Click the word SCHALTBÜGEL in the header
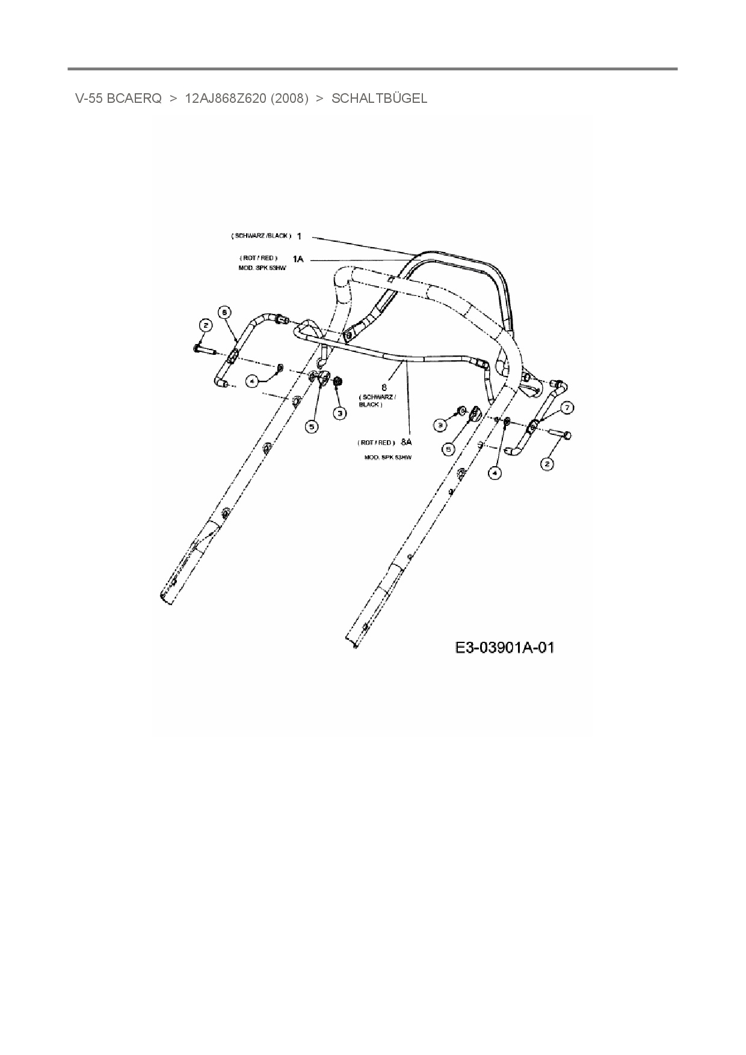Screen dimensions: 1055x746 pyautogui.click(x=379, y=99)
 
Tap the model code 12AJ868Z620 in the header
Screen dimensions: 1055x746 pyautogui.click(x=225, y=99)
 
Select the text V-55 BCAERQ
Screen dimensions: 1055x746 pyautogui.click(x=118, y=99)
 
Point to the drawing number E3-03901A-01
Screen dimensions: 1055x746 pyautogui.click(x=504, y=647)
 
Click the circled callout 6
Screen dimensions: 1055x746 pyautogui.click(x=223, y=312)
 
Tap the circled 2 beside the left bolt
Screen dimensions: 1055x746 pyautogui.click(x=206, y=325)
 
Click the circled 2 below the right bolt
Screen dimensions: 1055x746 pyautogui.click(x=547, y=464)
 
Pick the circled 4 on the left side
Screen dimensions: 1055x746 pyautogui.click(x=253, y=381)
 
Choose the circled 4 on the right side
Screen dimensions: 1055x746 pyautogui.click(x=494, y=473)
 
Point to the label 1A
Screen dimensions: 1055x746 pyautogui.click(x=298, y=259)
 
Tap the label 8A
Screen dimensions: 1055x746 pyautogui.click(x=406, y=442)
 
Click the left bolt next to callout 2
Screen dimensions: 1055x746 pyautogui.click(x=204, y=348)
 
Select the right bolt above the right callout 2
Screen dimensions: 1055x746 pyautogui.click(x=563, y=434)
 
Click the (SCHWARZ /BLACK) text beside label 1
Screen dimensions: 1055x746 pyautogui.click(x=261, y=236)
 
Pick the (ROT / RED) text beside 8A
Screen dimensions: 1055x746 pyautogui.click(x=376, y=443)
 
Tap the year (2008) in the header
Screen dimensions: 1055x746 pyautogui.click(x=289, y=99)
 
